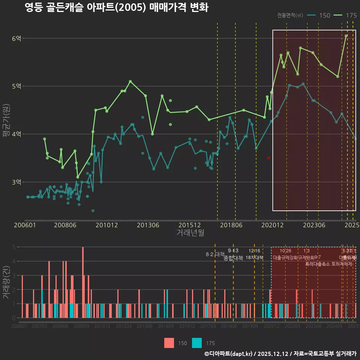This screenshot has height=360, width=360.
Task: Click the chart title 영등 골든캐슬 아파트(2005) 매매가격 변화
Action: click(116, 7)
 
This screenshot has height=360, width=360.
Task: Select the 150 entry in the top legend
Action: click(324, 15)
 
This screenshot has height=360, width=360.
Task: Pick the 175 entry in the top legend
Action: click(351, 15)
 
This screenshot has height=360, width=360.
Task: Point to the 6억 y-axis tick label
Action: click(16, 38)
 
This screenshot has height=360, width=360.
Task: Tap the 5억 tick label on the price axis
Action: click(16, 86)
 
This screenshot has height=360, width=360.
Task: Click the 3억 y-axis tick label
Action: click(16, 182)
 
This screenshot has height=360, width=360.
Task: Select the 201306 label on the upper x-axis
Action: click(148, 225)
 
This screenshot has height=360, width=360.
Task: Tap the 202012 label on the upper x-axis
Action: click(272, 225)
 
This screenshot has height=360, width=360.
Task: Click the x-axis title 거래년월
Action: click(190, 233)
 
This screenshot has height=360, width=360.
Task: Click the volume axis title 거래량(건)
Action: click(6, 282)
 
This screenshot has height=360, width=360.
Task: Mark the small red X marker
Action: click(268, 158)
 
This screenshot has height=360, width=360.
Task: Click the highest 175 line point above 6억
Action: click(346, 36)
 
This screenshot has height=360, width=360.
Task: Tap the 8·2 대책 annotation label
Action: click(215, 254)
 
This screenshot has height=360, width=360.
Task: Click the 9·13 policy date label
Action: click(233, 251)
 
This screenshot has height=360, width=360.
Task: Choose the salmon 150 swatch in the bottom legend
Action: click(169, 343)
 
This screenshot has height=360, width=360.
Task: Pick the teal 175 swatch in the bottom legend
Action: click(197, 343)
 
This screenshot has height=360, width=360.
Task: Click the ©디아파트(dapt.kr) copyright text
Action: click(229, 354)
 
